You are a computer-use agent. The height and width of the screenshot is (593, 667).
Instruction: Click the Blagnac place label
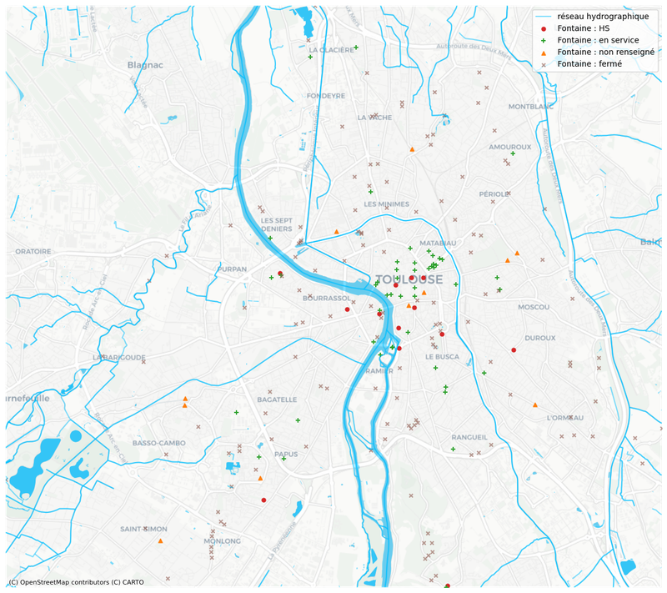click(143, 64)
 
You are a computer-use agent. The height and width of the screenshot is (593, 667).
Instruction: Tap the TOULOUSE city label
click(409, 279)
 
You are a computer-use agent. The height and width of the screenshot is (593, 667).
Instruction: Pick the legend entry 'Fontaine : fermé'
click(589, 63)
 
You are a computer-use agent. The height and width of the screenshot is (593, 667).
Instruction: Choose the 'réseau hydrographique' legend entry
click(603, 17)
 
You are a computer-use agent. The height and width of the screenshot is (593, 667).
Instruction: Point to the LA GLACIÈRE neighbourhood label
click(331, 49)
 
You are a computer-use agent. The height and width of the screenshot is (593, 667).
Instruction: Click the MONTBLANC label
click(531, 107)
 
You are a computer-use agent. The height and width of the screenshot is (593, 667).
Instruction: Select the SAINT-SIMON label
click(143, 529)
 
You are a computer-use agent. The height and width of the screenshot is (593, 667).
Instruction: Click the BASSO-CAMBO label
click(158, 443)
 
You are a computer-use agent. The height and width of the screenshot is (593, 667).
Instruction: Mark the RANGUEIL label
click(469, 437)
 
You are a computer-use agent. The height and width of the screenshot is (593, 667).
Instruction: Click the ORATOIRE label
click(33, 251)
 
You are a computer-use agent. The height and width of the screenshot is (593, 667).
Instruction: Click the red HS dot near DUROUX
click(514, 349)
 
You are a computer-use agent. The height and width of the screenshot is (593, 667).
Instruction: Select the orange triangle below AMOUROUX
click(413, 149)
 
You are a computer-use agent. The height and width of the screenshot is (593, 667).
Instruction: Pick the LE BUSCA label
click(442, 356)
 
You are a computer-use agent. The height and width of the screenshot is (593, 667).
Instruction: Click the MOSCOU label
click(534, 307)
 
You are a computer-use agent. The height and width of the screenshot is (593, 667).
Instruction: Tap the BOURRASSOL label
click(326, 298)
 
